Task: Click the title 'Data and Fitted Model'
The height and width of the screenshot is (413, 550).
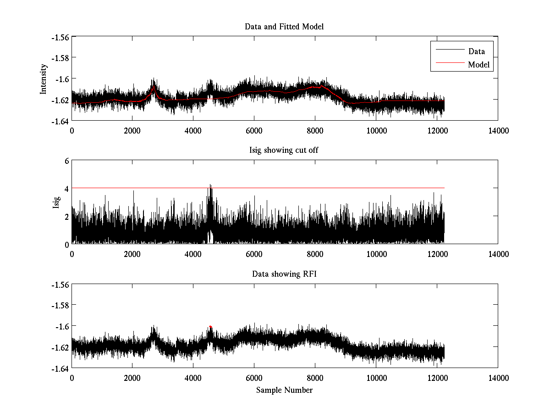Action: click(x=284, y=27)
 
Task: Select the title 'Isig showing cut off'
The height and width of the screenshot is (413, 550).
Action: click(x=284, y=151)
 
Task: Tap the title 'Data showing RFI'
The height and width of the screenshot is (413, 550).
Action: click(x=284, y=274)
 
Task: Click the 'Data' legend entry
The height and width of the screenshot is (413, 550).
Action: click(x=476, y=51)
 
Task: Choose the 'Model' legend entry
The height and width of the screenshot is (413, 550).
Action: click(x=479, y=65)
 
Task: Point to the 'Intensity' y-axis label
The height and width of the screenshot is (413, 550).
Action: click(x=44, y=78)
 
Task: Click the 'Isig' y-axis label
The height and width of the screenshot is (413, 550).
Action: click(x=56, y=202)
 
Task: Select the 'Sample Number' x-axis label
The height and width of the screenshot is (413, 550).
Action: click(x=284, y=390)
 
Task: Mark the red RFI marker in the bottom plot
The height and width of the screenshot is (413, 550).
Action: click(x=210, y=326)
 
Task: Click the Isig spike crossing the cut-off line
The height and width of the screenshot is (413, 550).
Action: click(x=210, y=185)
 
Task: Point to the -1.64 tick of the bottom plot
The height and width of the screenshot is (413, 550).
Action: click(x=60, y=368)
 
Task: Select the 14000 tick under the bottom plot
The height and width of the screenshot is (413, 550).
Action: click(x=498, y=378)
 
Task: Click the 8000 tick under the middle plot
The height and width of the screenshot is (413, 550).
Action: click(x=315, y=254)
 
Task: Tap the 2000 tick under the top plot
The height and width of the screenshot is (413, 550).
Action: click(x=132, y=130)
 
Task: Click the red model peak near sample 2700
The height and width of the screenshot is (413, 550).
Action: click(x=154, y=86)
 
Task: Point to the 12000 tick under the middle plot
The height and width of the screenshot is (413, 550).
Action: click(x=437, y=254)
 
